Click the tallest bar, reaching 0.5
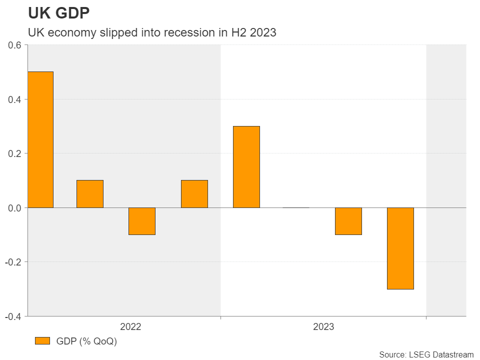pos(40,139)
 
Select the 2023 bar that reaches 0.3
pos(246,166)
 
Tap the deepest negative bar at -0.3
pos(400,248)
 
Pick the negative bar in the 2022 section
pos(142,221)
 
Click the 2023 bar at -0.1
pos(348,221)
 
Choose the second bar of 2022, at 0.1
pos(90,193)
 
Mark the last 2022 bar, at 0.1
pos(194,193)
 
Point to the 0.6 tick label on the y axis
pos(15,45)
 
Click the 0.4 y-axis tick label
pos(15,99)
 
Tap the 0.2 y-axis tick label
pos(15,153)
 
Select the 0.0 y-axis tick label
pos(15,207)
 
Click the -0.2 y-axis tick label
pos(13,262)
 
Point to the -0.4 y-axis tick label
pos(13,316)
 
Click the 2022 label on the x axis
pos(130,327)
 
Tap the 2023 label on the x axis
pos(323,327)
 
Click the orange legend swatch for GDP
pos(43,341)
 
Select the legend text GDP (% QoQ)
pos(87,341)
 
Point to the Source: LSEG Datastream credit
pos(426,354)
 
